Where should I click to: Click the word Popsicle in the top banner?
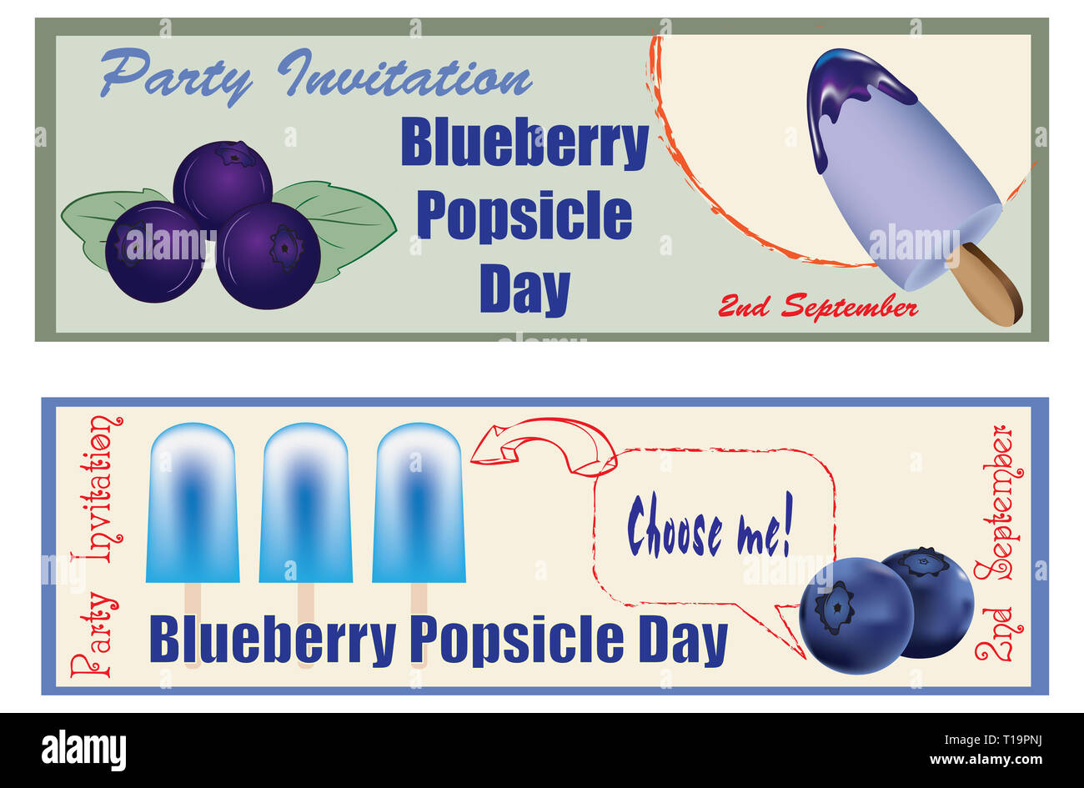(x=524, y=216)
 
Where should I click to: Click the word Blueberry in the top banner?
(x=524, y=143)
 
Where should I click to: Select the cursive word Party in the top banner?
(x=176, y=75)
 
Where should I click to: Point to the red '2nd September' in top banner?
(x=817, y=307)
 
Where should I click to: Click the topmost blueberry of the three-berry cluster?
(x=223, y=179)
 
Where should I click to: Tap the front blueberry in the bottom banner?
(x=856, y=615)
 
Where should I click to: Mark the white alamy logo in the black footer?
(x=83, y=750)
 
